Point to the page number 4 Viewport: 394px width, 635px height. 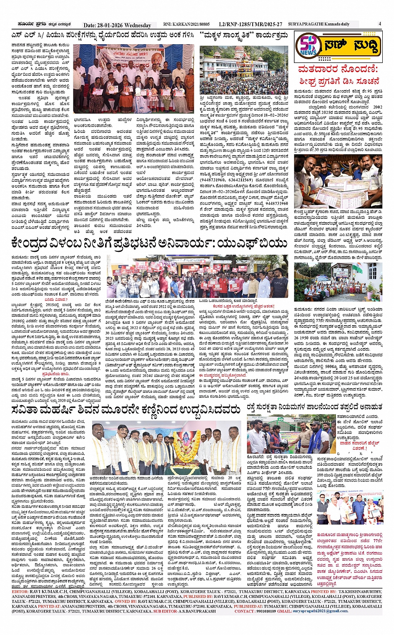[380, 24]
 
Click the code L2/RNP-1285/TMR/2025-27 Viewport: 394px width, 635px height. [250, 25]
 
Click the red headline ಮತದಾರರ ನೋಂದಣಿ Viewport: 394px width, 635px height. [338, 69]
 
